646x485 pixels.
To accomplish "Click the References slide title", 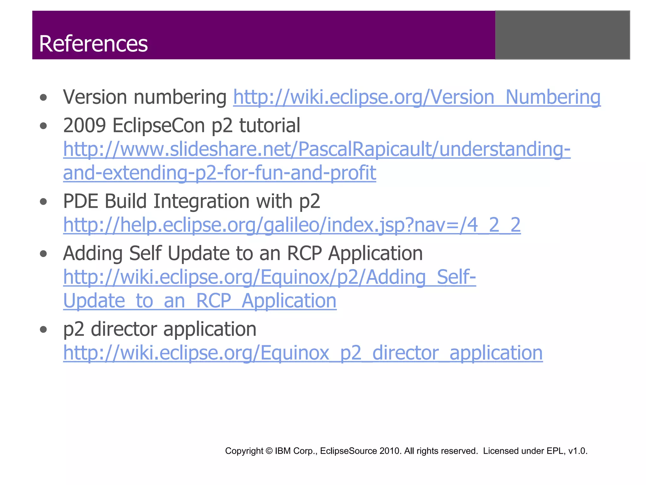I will click(93, 44).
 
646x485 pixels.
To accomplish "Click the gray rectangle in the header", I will click(562, 35).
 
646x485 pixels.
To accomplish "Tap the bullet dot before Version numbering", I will click(44, 98).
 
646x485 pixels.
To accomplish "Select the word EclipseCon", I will click(159, 125).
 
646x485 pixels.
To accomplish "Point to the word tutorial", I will click(270, 125).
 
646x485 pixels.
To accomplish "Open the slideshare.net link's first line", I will click(317, 149).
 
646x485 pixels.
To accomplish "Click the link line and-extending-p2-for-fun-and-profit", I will click(220, 173).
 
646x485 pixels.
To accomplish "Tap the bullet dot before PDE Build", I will click(44, 202).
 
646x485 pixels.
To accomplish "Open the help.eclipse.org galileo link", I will click(292, 225).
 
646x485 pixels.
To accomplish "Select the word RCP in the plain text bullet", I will click(304, 253).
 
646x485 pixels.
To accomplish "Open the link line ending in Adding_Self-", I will click(269, 277).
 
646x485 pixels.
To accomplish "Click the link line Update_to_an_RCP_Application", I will click(200, 301).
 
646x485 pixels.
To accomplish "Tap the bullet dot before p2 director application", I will click(44, 330).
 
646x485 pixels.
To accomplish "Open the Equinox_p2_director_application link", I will click(303, 353).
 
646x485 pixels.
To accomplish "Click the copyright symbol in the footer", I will click(269, 451).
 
